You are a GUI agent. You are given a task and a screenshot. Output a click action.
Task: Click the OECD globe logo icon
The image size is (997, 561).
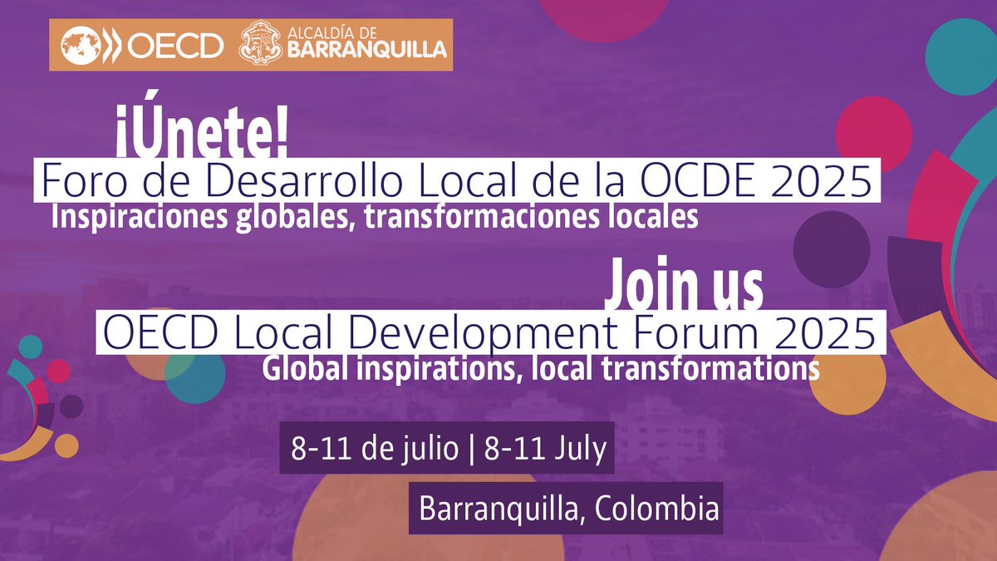[x=79, y=45]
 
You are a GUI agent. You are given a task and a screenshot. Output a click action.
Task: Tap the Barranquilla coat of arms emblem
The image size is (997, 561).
[x=259, y=45]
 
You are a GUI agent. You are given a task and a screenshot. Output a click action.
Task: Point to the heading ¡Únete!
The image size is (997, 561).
[x=202, y=137]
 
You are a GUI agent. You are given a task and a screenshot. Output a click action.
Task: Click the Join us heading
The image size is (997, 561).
[x=683, y=285]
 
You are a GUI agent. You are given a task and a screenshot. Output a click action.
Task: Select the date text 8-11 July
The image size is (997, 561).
[x=540, y=450]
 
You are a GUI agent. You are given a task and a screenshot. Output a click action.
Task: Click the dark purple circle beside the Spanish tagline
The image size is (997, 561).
[x=831, y=248]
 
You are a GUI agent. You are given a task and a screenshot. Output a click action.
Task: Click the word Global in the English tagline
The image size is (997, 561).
[x=300, y=368]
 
